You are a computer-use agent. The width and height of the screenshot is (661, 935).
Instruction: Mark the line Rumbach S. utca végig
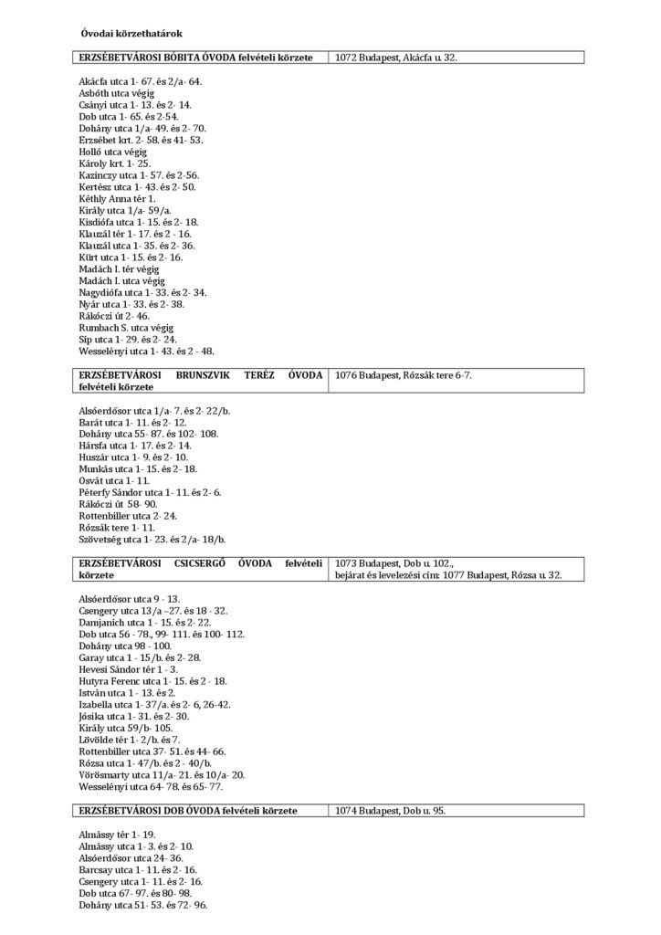coord(126,327)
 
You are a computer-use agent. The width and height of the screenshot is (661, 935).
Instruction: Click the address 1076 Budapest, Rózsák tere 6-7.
coord(404,375)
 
